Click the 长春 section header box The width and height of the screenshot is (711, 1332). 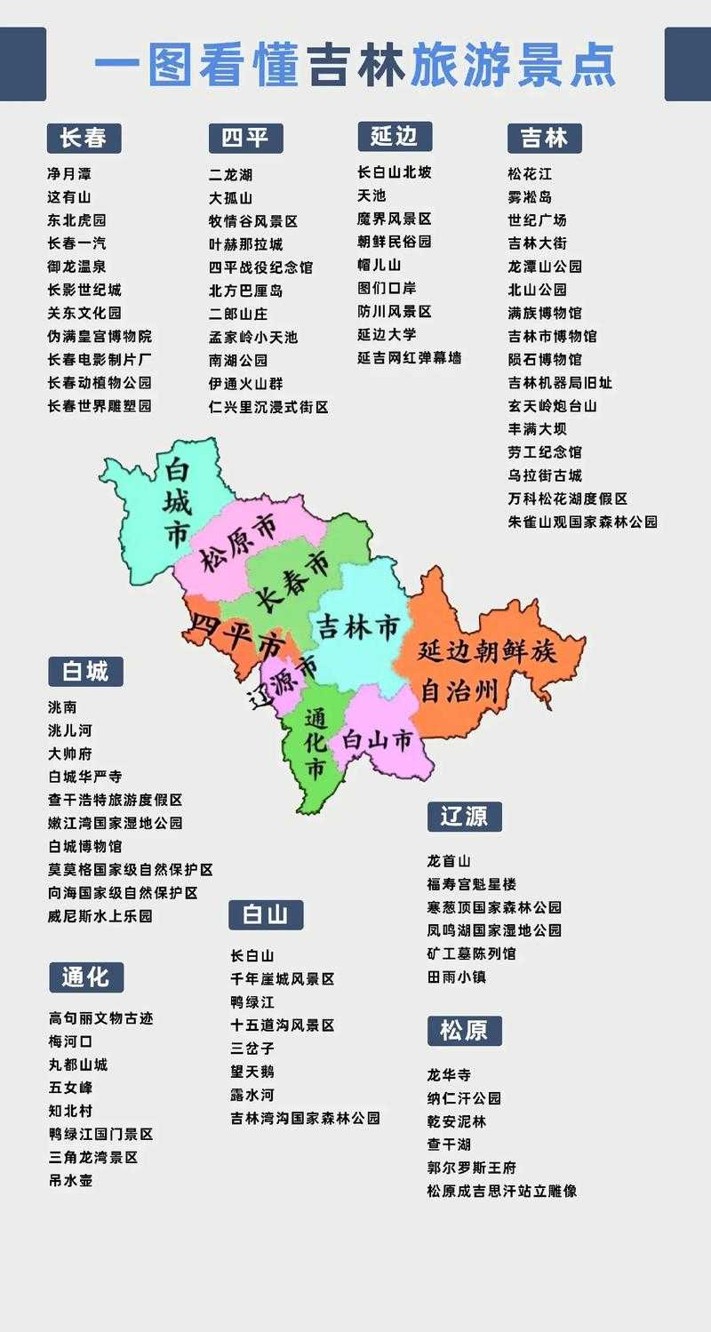84,138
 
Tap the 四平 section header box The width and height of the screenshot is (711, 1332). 245,138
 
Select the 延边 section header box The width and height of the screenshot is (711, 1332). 395,136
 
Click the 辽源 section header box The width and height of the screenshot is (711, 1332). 464,816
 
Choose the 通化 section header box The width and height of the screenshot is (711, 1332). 86,977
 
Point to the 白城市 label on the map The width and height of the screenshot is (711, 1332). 177,504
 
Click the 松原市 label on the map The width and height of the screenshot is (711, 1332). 237,545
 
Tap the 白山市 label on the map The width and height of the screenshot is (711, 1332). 378,738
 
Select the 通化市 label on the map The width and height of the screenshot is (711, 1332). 316,743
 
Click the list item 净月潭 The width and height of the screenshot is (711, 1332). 69,173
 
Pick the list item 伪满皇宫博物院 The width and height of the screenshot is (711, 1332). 100,336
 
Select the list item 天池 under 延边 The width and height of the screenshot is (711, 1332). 371,195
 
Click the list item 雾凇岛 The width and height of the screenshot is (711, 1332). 530,196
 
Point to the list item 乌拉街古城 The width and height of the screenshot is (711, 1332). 545,475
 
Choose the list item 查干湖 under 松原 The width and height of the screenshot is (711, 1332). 449,1145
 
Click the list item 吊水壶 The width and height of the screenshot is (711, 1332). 70,1180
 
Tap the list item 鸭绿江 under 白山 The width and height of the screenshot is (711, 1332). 252,1001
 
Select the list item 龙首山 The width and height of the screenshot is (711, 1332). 449,861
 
